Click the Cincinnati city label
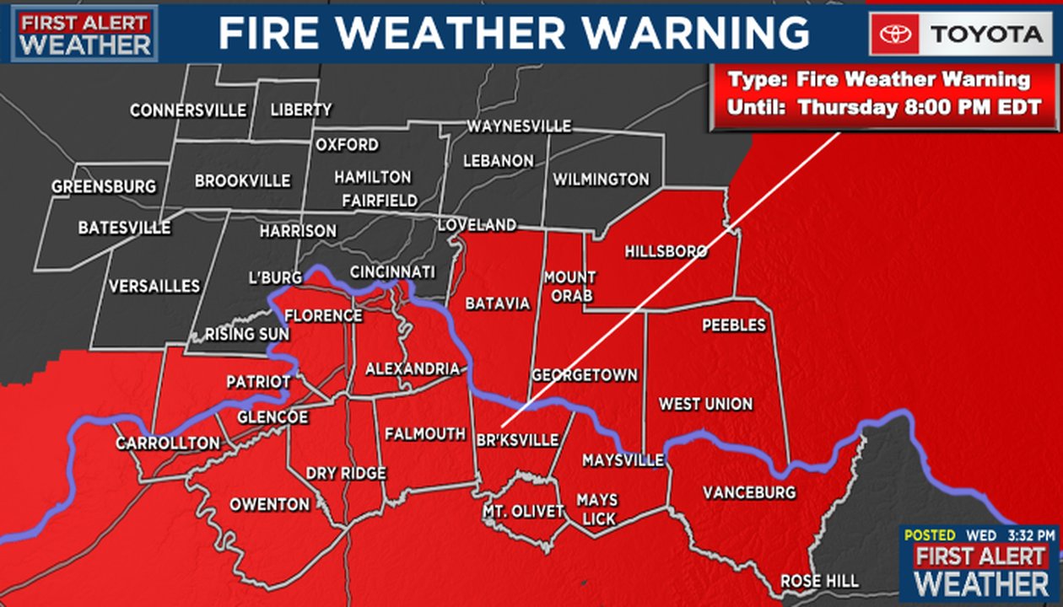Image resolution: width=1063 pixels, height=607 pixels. [392, 272]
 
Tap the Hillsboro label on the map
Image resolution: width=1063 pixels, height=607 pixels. [666, 251]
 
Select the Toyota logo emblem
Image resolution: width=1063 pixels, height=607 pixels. [895, 35]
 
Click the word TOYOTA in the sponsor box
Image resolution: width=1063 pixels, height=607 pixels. [986, 35]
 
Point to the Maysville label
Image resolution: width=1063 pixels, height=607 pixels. [623, 460]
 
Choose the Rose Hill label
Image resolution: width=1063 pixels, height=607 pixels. [819, 581]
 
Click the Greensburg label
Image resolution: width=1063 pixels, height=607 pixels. [104, 186]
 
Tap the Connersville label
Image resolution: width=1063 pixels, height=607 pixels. [188, 110]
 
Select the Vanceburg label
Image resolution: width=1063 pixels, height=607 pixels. [749, 492]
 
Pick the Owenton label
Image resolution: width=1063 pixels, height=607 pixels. [270, 504]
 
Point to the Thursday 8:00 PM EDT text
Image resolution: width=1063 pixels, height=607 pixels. [920, 108]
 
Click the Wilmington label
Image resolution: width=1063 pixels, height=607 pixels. [601, 180]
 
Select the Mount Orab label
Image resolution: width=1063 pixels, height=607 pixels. [569, 287]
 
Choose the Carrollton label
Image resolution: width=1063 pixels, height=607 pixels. [168, 443]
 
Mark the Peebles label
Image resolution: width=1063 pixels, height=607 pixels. [733, 325]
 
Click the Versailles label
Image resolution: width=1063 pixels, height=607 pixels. [154, 287]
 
